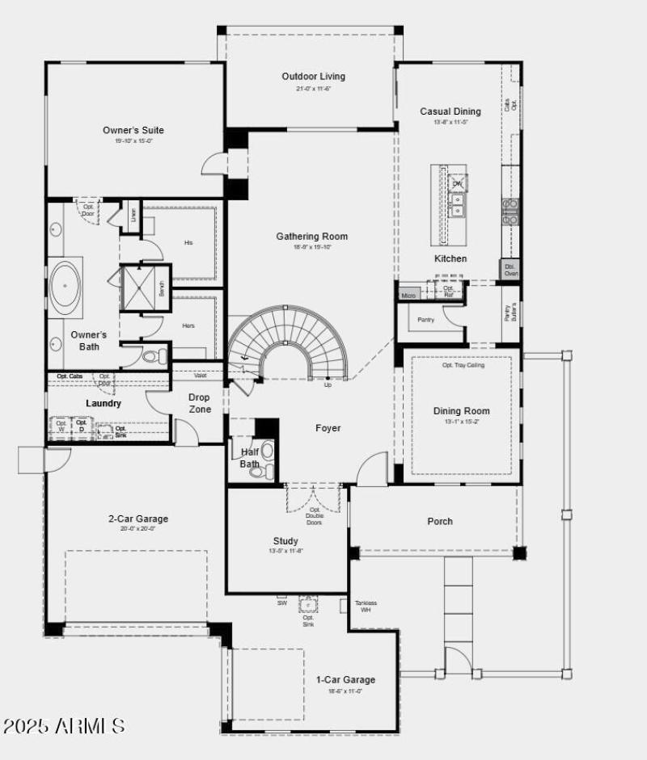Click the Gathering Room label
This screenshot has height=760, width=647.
311,237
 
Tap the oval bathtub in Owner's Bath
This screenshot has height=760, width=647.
63,286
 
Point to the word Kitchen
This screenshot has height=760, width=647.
450,258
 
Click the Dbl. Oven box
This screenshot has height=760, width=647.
510,269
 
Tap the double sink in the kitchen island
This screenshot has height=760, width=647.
457,209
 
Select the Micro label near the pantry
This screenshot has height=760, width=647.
408,296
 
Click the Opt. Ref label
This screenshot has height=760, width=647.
449,291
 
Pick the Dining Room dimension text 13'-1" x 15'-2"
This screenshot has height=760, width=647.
461,422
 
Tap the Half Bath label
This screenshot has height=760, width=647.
249,458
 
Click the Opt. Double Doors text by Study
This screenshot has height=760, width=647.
315,515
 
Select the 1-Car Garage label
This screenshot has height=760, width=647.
345,679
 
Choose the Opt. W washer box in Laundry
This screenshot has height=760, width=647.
61,425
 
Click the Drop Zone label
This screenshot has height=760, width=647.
200,403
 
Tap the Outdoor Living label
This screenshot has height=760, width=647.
313,77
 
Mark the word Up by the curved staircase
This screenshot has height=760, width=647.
328,384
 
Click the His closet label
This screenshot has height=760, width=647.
188,242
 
